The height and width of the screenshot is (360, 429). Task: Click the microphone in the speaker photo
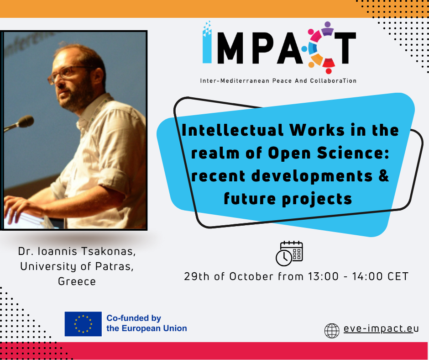(x=20, y=123)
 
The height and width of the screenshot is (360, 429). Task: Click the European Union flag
(x=83, y=324)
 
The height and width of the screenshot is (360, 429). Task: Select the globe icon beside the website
(x=332, y=331)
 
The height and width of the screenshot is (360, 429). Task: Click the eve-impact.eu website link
(x=381, y=328)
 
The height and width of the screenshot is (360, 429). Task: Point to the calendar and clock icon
(x=289, y=254)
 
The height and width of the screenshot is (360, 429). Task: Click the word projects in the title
(x=317, y=199)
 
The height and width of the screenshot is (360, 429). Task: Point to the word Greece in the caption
(x=77, y=281)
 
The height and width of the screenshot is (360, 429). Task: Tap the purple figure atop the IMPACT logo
(x=327, y=29)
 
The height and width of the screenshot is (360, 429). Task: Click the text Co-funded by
(x=134, y=318)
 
